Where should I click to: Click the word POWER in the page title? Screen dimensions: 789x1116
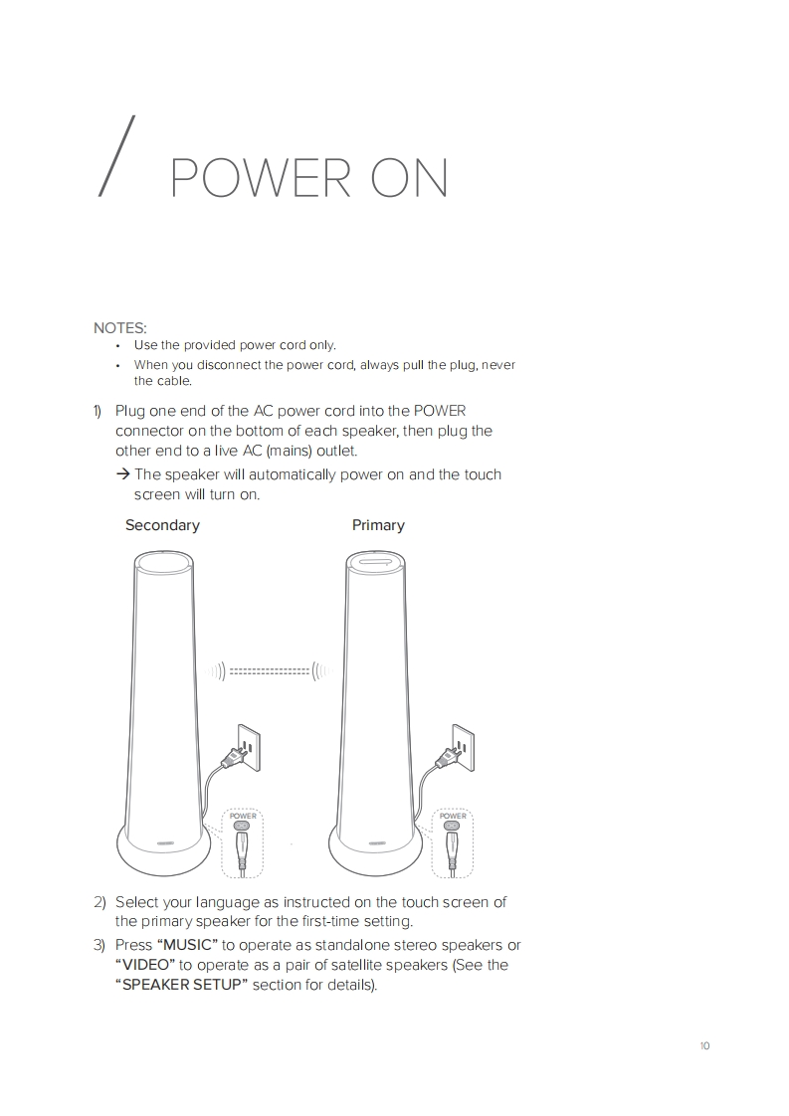pyautogui.click(x=261, y=179)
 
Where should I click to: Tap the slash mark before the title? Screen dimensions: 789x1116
pyautogui.click(x=116, y=155)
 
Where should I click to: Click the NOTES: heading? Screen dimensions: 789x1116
pyautogui.click(x=119, y=328)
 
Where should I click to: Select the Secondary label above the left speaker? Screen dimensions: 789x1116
pyautogui.click(x=162, y=525)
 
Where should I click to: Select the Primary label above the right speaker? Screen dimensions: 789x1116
pyautogui.click(x=378, y=525)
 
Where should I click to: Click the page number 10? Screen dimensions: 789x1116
pyautogui.click(x=705, y=1045)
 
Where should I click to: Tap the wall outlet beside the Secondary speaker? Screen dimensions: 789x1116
pyautogui.click(x=250, y=747)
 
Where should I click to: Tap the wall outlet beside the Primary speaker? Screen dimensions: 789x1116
pyautogui.click(x=463, y=747)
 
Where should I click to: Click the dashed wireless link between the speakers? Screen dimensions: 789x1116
pyautogui.click(x=270, y=671)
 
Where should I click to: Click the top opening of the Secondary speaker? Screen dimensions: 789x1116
pyautogui.click(x=163, y=562)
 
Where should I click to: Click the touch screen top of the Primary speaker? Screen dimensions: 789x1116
pyautogui.click(x=376, y=562)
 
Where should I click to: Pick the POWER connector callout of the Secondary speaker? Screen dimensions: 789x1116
pyautogui.click(x=242, y=843)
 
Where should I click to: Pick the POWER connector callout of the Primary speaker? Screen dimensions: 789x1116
pyautogui.click(x=452, y=843)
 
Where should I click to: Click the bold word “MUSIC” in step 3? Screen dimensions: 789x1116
pyautogui.click(x=187, y=945)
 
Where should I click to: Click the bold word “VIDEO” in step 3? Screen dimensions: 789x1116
pyautogui.click(x=145, y=965)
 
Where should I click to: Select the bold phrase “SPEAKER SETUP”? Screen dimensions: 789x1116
pyautogui.click(x=182, y=985)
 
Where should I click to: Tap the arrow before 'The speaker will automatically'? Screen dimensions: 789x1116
pyautogui.click(x=122, y=474)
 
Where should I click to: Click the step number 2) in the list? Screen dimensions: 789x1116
pyautogui.click(x=99, y=902)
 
